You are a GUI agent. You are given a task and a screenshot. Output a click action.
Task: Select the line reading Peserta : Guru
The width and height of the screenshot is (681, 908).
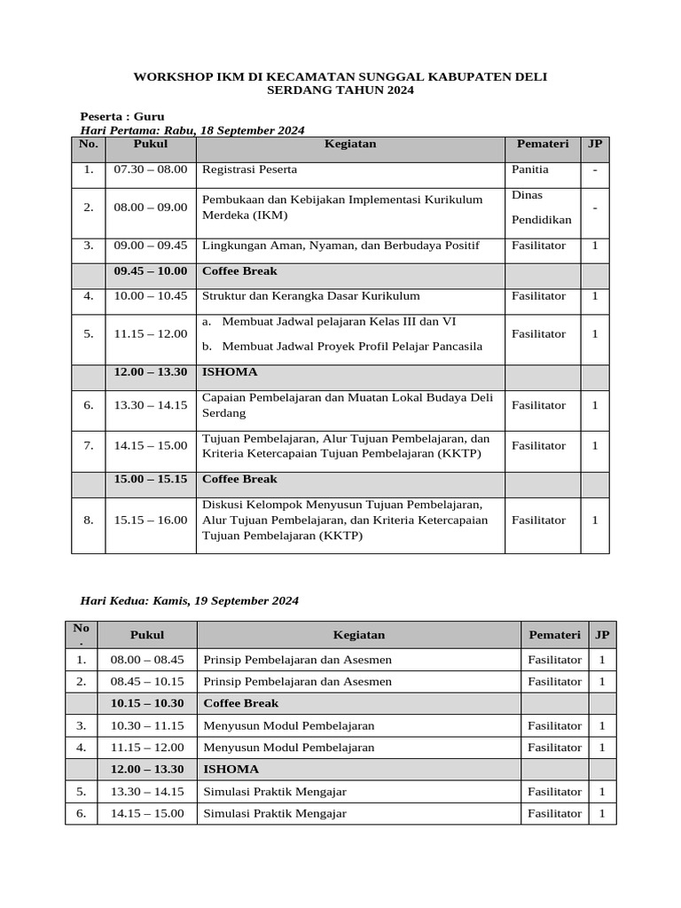(122, 116)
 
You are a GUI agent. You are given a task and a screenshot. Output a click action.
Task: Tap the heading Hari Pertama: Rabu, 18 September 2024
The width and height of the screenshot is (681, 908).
(192, 129)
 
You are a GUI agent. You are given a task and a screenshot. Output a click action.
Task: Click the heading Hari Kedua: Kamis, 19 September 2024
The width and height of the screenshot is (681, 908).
(190, 600)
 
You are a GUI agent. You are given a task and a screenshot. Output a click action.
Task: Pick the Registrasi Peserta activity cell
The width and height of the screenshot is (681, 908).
(250, 168)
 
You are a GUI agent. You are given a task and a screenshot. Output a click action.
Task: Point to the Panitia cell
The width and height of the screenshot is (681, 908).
(530, 168)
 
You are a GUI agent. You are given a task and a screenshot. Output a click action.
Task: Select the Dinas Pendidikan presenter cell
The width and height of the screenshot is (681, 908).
(542, 207)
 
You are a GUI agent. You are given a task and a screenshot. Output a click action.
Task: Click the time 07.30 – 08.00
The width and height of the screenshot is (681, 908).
(151, 168)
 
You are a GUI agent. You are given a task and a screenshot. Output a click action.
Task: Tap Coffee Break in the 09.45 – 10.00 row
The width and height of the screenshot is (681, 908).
(240, 270)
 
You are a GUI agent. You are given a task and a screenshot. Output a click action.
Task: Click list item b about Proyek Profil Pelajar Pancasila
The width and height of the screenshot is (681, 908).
(346, 346)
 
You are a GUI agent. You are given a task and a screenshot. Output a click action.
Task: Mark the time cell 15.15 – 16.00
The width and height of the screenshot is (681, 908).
(151, 520)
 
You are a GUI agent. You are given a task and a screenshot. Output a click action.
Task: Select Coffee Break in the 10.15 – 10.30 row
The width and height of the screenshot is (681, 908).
(241, 702)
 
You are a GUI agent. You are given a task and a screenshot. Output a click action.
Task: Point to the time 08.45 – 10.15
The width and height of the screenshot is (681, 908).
(147, 681)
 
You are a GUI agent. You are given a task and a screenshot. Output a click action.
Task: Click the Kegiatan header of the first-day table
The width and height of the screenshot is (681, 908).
(350, 144)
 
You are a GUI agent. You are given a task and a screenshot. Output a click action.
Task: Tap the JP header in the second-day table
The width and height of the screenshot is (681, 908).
(602, 635)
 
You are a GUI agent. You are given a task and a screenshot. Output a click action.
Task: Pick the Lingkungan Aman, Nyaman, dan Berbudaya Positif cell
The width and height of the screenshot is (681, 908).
(341, 245)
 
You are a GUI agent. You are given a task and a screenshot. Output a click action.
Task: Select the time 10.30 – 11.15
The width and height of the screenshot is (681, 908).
(147, 724)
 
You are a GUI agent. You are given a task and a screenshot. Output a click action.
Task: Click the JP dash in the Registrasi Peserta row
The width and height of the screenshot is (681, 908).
(595, 168)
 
